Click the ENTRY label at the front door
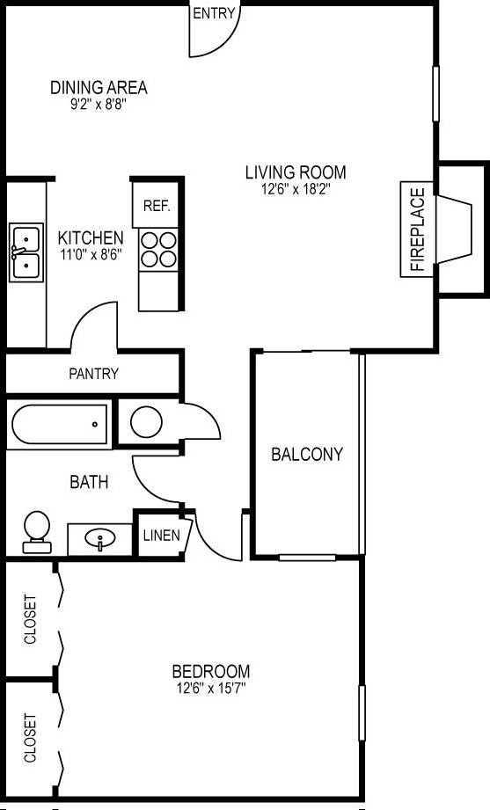[213, 13]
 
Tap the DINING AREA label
[99, 88]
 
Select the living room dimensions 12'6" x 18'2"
[295, 188]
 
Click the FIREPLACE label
[417, 229]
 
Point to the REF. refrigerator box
[157, 207]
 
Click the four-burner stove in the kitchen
[157, 247]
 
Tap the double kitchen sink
[26, 252]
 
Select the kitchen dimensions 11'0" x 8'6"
[91, 254]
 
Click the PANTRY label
[94, 374]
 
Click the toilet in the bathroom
[37, 529]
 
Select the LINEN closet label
[161, 535]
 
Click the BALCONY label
[306, 455]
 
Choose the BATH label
[90, 482]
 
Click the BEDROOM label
[210, 671]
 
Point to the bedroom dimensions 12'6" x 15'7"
[210, 688]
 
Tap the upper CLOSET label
[31, 620]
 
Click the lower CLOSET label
[31, 737]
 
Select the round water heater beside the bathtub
[146, 421]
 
